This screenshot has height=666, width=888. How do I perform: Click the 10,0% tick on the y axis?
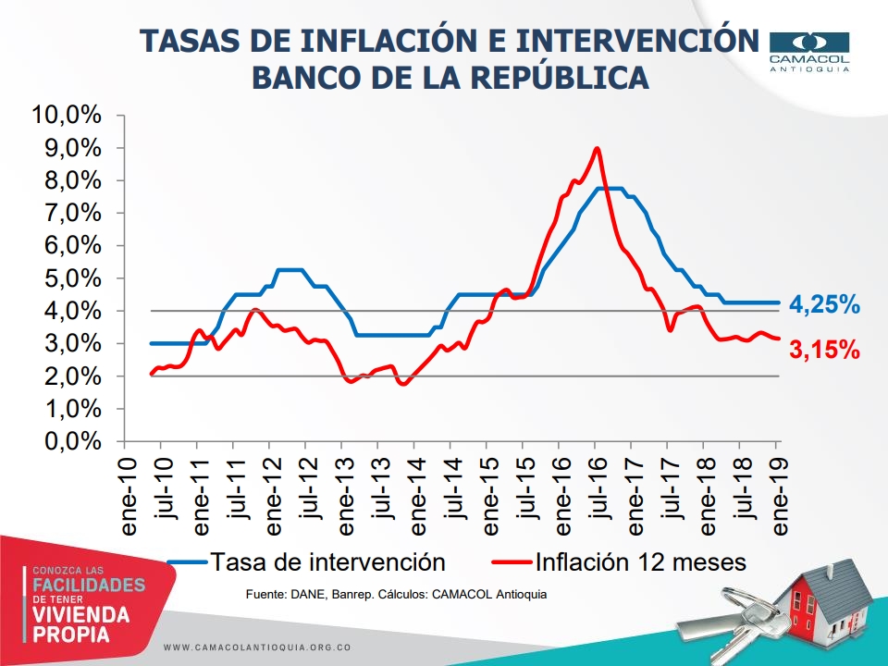tap(66, 116)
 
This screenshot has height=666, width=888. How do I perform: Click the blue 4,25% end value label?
tap(825, 304)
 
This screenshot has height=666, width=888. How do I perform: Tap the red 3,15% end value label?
tap(825, 351)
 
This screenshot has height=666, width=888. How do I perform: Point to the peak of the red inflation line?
tap(598, 148)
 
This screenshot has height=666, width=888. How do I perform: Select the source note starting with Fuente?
tap(396, 594)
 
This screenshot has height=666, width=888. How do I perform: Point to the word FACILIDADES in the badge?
tap(89, 586)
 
